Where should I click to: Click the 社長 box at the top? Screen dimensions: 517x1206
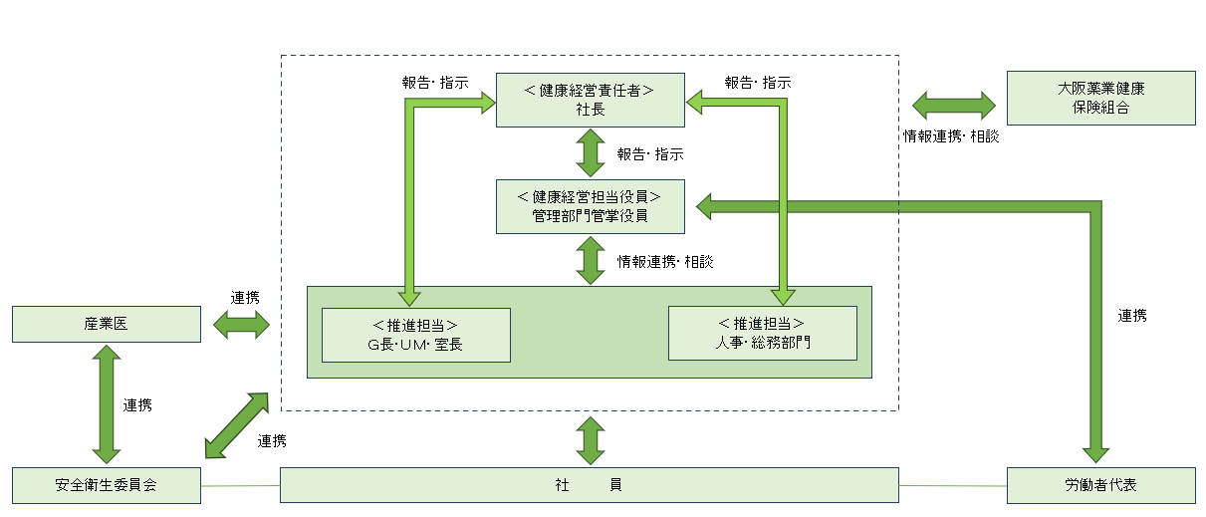coord(591,100)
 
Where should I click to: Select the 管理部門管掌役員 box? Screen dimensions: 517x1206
coord(591,206)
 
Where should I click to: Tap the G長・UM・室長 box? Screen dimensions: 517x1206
coord(415,335)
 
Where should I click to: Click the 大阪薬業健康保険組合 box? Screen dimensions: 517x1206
coord(1100,98)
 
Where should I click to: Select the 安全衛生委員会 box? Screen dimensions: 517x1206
coord(106,485)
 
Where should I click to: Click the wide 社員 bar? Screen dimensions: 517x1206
coord(589,485)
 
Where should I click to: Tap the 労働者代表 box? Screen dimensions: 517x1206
coord(1100,485)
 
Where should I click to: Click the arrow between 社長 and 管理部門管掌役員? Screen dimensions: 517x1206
coord(591,153)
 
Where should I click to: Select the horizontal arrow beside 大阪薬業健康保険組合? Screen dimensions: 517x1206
coord(954,105)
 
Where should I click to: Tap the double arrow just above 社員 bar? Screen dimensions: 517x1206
coord(591,440)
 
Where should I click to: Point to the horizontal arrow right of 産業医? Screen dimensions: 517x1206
coord(242,324)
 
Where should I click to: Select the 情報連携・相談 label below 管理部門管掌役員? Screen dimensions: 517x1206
coord(664,262)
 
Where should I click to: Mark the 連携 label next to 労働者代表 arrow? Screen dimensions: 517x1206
coord(1132,316)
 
